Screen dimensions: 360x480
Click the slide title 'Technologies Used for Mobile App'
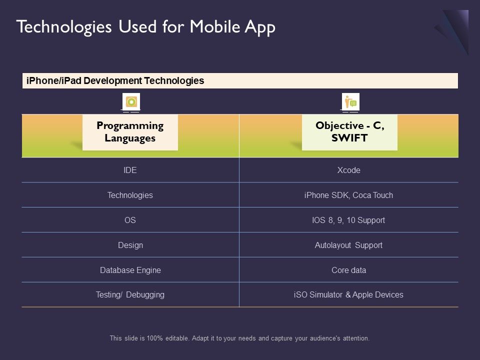point(145,27)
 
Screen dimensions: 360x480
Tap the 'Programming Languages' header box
point(130,132)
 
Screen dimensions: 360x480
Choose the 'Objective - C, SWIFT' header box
point(349,132)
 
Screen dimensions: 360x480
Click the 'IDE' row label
point(130,170)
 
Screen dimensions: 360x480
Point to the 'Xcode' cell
point(348,170)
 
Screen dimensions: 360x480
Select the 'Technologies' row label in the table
point(130,195)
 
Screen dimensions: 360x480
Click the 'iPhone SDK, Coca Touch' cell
point(348,195)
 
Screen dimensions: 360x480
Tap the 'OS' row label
point(130,220)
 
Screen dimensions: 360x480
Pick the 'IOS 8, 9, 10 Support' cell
point(348,220)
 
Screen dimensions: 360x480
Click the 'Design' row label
point(130,245)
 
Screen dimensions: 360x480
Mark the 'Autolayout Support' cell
point(348,245)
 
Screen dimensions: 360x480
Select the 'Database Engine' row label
point(130,270)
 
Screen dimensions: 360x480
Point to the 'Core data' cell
point(348,270)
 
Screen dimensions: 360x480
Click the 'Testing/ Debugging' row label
point(130,295)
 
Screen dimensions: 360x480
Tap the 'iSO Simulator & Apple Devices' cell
point(348,295)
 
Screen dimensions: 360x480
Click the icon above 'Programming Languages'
point(131,102)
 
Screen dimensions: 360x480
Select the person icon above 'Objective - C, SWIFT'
point(350,102)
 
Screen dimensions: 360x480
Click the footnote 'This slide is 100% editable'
point(239,338)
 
